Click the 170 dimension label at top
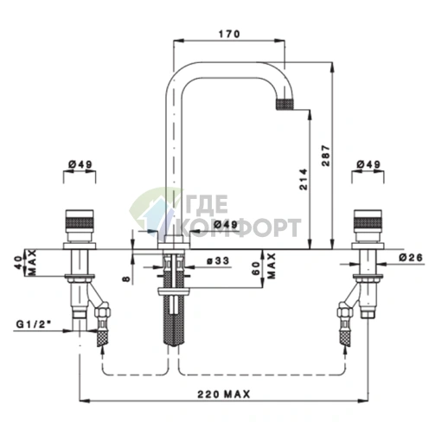[x=229, y=34]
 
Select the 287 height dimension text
[x=326, y=156]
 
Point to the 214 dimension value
[x=304, y=179]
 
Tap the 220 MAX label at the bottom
[x=223, y=394]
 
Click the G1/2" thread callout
[x=33, y=324]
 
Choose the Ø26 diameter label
[x=411, y=258]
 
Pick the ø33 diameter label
[x=218, y=261]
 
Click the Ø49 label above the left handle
[x=80, y=164]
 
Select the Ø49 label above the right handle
[x=368, y=164]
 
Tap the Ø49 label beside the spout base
[x=226, y=224]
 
